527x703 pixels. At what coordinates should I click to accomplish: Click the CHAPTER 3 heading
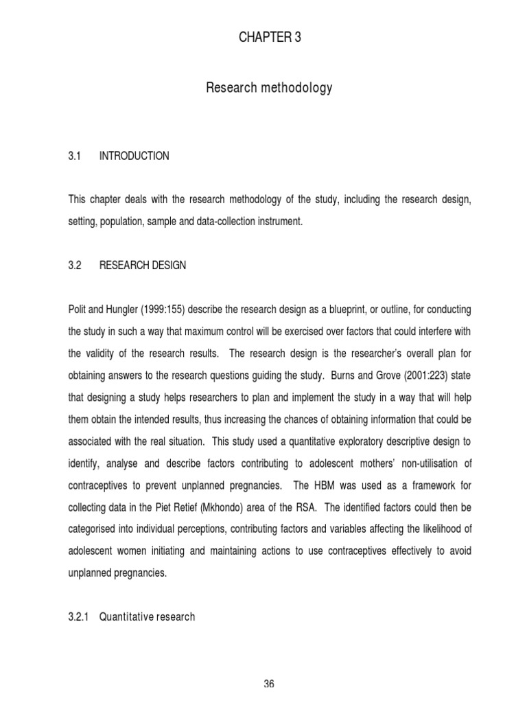click(x=269, y=38)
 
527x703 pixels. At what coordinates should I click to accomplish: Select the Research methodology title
click(x=269, y=88)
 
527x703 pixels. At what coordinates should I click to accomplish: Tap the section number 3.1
click(x=75, y=157)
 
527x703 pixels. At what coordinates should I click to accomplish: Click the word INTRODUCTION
click(x=134, y=157)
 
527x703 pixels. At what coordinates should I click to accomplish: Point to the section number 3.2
click(x=75, y=266)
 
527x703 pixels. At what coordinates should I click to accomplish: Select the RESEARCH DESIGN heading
click(x=143, y=266)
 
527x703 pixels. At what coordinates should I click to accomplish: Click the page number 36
click(x=268, y=684)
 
